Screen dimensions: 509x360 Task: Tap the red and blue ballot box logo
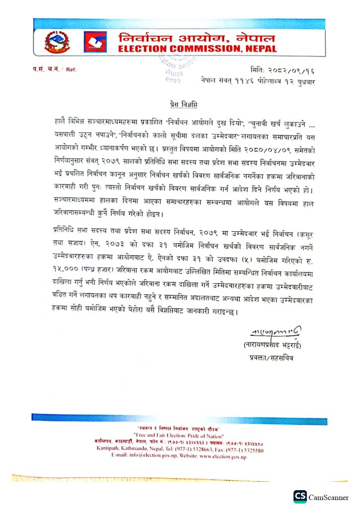pyautogui.click(x=94, y=42)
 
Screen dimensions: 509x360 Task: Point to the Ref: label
pyautogui.click(x=71, y=70)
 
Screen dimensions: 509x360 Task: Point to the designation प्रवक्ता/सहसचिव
pyautogui.click(x=273, y=357)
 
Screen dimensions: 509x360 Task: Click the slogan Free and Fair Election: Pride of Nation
pyautogui.click(x=180, y=434)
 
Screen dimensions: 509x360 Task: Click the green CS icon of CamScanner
pyautogui.click(x=300, y=497)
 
